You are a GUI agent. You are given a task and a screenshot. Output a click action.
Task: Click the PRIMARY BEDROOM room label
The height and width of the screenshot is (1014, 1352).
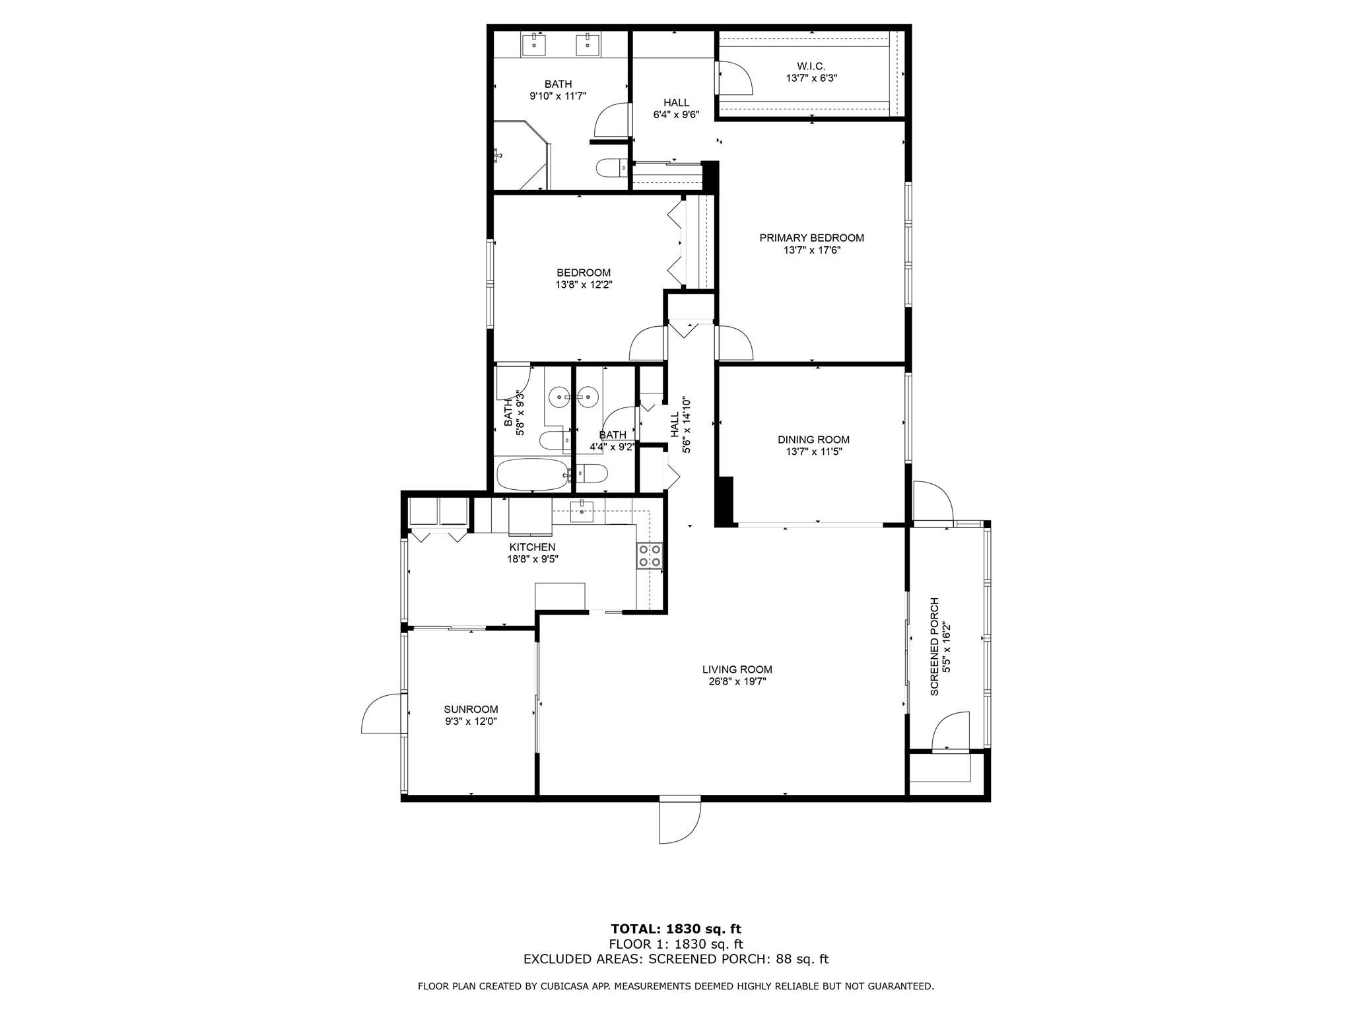(811, 238)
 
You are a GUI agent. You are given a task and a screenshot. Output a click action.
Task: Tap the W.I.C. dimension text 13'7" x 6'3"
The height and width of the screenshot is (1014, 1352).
(811, 78)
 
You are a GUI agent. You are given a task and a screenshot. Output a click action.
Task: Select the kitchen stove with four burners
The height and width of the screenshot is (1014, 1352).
(650, 555)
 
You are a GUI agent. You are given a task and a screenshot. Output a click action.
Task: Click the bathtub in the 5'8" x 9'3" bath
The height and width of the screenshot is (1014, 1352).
(531, 474)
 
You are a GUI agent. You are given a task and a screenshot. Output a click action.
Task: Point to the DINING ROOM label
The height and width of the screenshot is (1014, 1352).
(813, 440)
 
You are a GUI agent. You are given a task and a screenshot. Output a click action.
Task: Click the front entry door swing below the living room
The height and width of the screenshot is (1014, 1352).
(680, 819)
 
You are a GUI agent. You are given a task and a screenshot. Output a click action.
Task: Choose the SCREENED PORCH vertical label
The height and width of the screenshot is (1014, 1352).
(934, 646)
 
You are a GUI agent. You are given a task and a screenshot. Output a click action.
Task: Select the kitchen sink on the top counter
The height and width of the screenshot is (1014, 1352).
(582, 512)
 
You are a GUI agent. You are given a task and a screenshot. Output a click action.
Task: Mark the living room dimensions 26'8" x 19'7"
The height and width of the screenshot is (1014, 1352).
(737, 682)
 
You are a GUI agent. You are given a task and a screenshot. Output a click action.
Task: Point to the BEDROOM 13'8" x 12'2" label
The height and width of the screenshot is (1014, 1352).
(584, 279)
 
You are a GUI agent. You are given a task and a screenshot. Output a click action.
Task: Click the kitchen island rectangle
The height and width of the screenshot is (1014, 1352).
(560, 595)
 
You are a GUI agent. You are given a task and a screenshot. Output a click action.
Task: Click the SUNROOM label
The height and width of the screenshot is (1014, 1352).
(471, 710)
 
